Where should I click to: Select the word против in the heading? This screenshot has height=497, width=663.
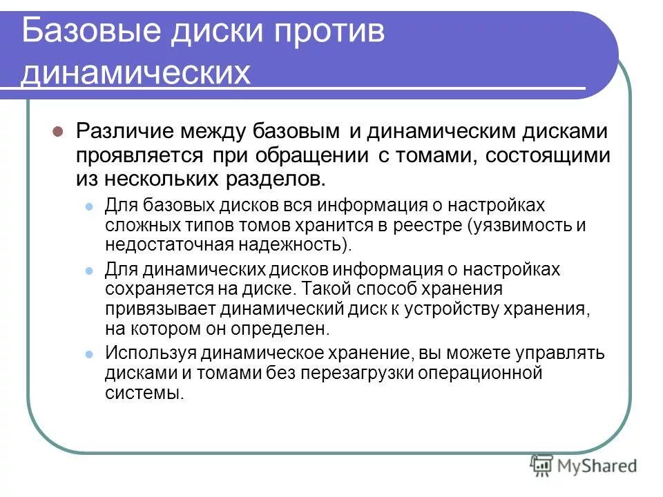tap(325, 32)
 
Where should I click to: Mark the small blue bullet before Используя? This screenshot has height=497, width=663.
tap(88, 354)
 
